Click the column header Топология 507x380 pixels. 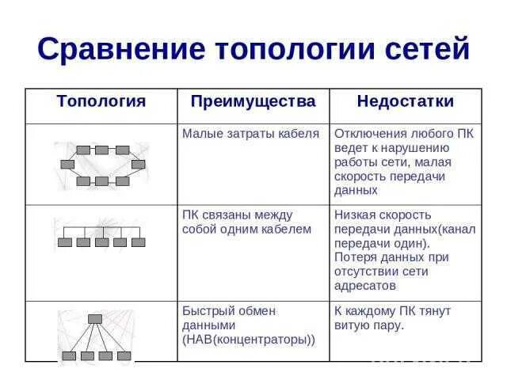[101, 101]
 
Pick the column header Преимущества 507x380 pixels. [253, 101]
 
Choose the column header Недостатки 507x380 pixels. [405, 101]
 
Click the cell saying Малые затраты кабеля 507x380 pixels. [250, 133]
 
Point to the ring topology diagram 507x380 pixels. [101, 165]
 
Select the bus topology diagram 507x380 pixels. [101, 236]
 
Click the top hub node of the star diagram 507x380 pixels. [96, 318]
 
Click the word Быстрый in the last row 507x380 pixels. [208, 310]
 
